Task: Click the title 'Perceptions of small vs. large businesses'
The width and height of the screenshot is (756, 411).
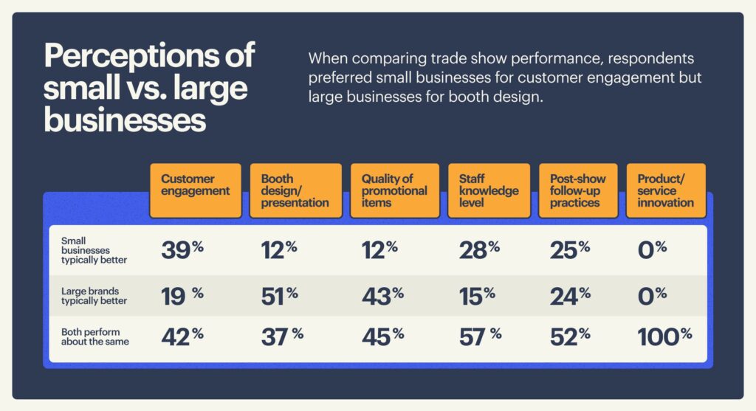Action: [148, 87]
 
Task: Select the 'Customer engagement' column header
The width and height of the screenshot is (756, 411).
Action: [195, 190]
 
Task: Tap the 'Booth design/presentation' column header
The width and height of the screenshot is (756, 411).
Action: [295, 190]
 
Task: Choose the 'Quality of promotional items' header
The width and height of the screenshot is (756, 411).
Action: [395, 190]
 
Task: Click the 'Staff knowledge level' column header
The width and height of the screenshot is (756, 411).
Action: [488, 190]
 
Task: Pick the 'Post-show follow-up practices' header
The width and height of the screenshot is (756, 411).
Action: [577, 190]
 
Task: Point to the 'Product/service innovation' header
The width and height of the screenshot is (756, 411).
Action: [665, 190]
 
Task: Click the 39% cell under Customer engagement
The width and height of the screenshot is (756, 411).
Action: [182, 251]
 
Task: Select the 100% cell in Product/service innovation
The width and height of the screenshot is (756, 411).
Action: [664, 337]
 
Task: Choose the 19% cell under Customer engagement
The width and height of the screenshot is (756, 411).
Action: [182, 295]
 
